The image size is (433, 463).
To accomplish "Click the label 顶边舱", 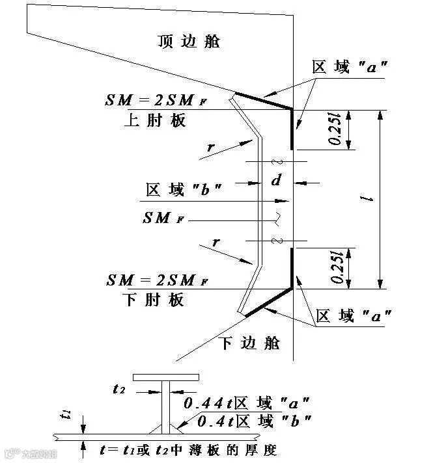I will (189, 41).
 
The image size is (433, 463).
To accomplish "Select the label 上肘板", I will (154, 120).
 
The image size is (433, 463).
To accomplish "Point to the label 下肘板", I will (154, 300).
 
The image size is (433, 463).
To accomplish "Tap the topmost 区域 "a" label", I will (351, 67).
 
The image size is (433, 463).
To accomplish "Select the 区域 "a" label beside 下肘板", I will (354, 317).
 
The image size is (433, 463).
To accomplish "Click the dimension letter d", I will (275, 180).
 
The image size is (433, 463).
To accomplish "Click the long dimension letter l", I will (370, 199).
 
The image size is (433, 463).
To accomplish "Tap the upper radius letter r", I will (210, 147).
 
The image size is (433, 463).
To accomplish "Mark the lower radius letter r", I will (216, 243).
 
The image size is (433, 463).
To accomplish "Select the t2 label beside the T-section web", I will (119, 390).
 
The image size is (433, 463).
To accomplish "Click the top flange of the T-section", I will (165, 377).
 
